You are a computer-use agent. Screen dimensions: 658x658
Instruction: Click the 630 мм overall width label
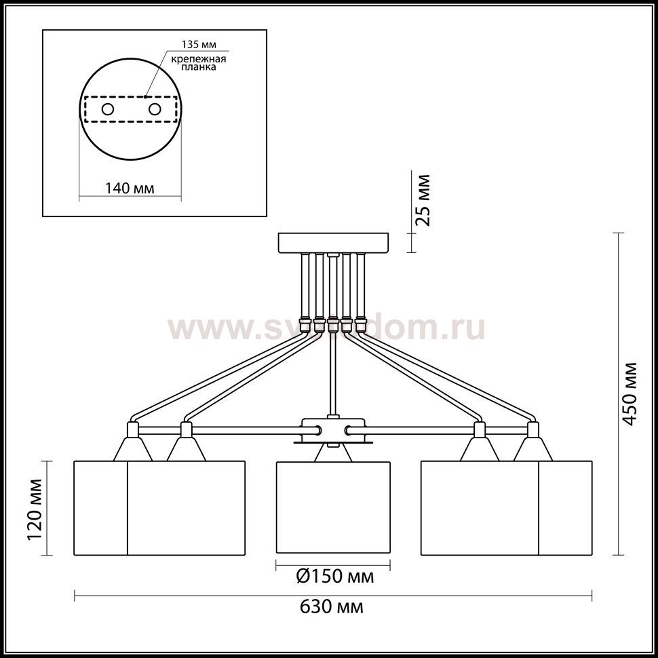pos(331,607)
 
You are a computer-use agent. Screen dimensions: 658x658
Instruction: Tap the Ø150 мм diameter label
pos(335,577)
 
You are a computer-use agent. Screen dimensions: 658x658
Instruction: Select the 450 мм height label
pos(630,393)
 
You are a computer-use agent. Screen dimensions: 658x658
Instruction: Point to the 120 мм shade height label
pos(35,509)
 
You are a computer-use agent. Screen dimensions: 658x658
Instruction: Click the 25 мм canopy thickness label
pos(423,200)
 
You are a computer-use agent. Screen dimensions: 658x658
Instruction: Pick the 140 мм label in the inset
pos(130,189)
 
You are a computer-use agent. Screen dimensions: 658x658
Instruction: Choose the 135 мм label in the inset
pos(199,45)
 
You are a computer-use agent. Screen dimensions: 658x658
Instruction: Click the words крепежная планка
pos(199,62)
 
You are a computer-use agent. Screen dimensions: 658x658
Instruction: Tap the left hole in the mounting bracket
pos(107,109)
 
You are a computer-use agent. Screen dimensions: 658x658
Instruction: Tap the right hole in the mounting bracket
pos(155,109)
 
